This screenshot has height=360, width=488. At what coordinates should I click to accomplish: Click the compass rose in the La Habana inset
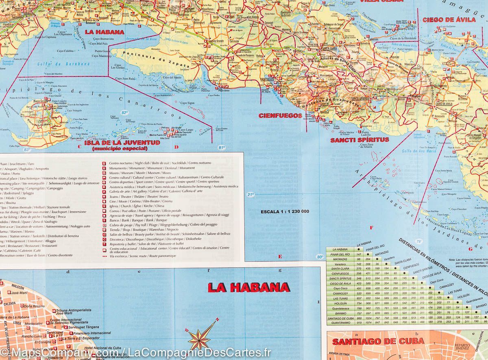[200, 337]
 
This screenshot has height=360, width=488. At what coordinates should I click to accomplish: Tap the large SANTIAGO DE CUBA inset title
[378, 341]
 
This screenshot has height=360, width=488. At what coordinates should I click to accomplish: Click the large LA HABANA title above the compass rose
[248, 288]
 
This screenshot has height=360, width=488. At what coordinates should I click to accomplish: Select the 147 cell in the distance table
[359, 254]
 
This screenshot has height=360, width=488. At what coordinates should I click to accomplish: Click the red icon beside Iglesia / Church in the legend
[105, 206]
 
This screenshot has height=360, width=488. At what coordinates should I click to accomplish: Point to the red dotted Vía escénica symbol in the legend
[105, 256]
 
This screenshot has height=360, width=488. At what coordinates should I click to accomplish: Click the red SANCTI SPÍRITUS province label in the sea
[359, 140]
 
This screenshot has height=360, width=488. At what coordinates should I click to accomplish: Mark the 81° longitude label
[221, 147]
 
